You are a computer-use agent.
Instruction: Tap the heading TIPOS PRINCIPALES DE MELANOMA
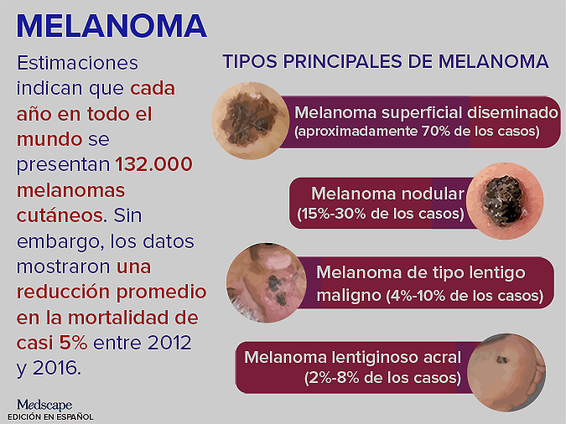(x=385, y=62)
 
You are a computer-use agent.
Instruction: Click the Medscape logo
(x=44, y=405)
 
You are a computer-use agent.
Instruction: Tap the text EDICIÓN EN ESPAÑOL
(x=50, y=416)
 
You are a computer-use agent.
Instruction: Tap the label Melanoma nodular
(x=387, y=195)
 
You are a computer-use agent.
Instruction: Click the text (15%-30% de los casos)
(x=380, y=215)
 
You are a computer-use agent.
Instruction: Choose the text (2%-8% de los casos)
(x=382, y=378)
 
